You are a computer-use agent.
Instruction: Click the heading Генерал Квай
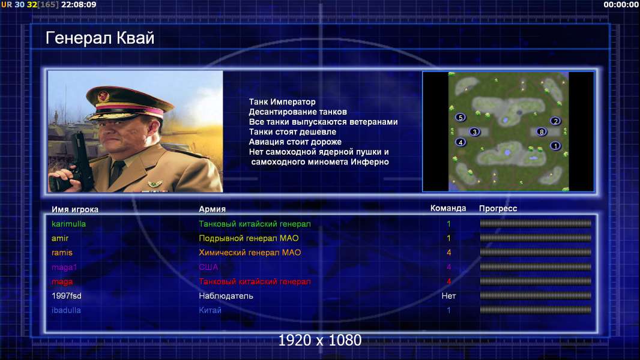(100, 38)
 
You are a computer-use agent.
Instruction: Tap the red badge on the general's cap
(104, 96)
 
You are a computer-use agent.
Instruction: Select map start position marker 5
(460, 118)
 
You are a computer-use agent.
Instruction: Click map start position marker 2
(555, 121)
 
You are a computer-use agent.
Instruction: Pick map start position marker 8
(541, 131)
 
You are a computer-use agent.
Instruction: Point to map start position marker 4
(460, 142)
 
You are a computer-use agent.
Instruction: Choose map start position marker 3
(474, 131)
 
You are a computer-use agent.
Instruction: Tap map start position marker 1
(555, 146)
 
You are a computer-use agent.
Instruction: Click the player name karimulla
(68, 224)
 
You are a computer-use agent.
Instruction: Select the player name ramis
(62, 253)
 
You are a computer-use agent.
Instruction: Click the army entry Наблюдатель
(226, 296)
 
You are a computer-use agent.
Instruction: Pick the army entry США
(208, 267)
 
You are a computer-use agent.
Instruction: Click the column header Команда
(448, 208)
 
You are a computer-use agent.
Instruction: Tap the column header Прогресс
(498, 209)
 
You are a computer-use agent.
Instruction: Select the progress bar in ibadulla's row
(536, 310)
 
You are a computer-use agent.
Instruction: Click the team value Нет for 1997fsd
(448, 296)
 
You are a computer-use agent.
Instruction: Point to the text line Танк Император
(282, 102)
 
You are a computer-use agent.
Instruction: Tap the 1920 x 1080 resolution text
(320, 340)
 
